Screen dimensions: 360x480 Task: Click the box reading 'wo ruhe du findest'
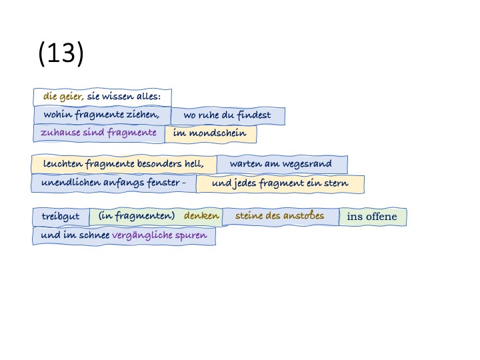click(x=227, y=115)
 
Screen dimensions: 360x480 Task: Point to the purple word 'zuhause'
click(x=59, y=132)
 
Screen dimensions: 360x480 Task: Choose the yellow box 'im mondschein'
click(x=210, y=133)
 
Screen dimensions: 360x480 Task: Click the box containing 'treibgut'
click(x=61, y=217)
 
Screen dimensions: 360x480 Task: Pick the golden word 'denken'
click(x=201, y=216)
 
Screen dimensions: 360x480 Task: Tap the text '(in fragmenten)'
click(x=137, y=216)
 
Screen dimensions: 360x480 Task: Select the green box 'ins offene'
click(x=372, y=217)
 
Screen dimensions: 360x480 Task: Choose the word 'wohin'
click(x=57, y=115)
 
